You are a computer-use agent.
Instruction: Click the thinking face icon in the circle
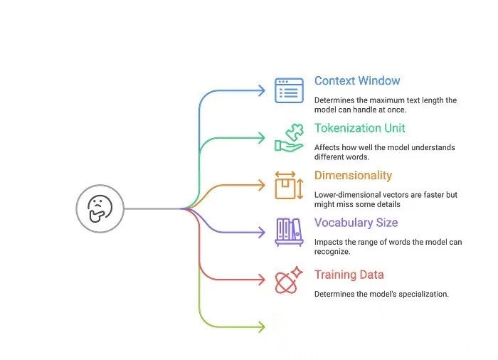pos(100,208)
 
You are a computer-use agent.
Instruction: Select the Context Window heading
pos(357,81)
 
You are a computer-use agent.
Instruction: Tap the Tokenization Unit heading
pos(360,129)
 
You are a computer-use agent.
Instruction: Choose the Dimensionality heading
pos(353,176)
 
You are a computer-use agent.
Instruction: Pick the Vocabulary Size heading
pos(356,223)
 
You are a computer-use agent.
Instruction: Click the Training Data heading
pos(349,275)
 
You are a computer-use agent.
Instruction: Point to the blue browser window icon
pos(290,90)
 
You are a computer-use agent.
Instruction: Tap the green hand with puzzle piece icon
pos(290,137)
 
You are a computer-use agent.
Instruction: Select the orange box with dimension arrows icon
pos(290,185)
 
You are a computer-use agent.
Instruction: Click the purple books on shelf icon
pos(290,232)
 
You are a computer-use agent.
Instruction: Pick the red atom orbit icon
pos(289,280)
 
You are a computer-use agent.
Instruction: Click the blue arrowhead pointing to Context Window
pos(261,90)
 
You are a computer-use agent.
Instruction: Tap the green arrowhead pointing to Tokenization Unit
pos(261,138)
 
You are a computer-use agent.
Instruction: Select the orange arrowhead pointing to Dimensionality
pos(261,185)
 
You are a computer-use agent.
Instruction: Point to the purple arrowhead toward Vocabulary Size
pos(261,232)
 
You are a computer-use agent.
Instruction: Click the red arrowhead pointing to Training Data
pos(261,280)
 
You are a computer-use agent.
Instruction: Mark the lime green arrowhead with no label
pos(261,327)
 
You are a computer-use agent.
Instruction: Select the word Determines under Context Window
pos(335,100)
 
